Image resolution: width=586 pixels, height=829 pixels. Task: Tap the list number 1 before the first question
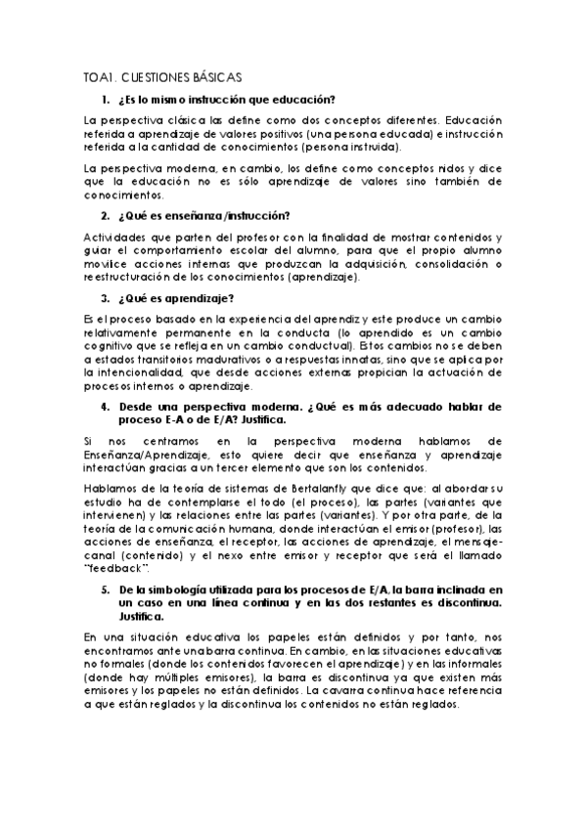click(x=105, y=100)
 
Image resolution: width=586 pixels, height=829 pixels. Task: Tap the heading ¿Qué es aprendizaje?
click(x=176, y=298)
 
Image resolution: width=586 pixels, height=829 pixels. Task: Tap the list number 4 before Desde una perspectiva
click(x=105, y=405)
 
